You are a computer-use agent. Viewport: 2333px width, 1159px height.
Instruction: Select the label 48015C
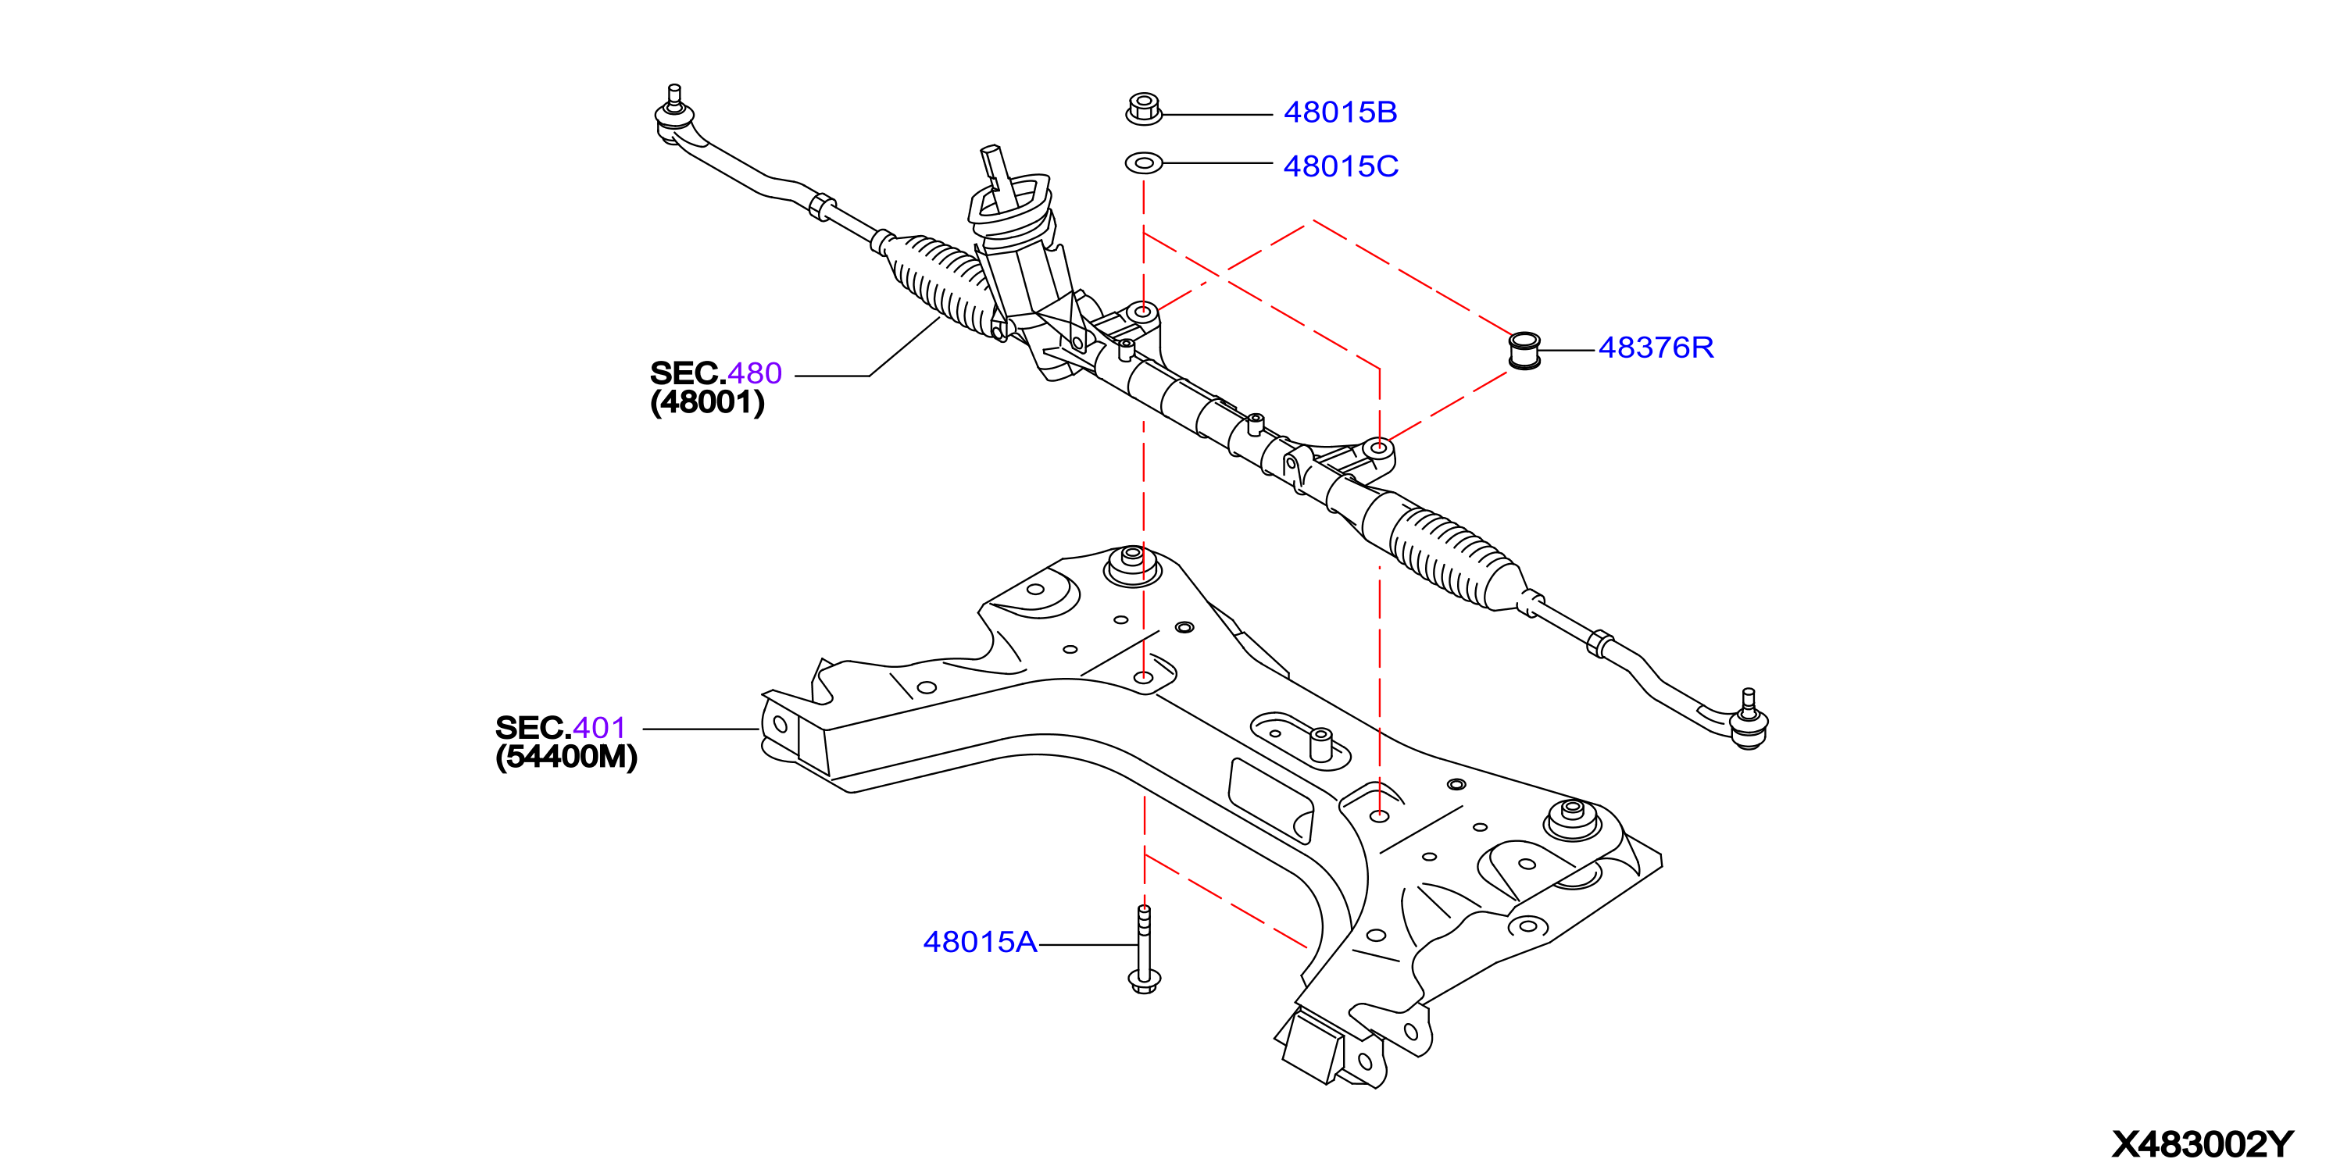click(x=1341, y=166)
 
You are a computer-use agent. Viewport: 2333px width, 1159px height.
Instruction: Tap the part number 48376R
click(x=1656, y=348)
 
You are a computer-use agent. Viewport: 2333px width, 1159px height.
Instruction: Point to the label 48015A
click(x=980, y=943)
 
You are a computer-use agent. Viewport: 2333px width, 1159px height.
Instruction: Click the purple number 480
click(x=755, y=373)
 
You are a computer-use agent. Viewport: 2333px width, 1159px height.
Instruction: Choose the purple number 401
click(x=599, y=728)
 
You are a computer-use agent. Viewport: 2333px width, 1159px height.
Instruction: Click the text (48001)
click(x=707, y=402)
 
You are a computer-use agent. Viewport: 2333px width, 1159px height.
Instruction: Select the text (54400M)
click(x=566, y=757)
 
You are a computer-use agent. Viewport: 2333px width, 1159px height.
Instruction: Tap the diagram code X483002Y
click(x=2203, y=1144)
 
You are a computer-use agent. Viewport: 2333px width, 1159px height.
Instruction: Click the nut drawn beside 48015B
click(x=1144, y=109)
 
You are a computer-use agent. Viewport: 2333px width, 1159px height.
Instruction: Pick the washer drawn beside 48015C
click(x=1144, y=163)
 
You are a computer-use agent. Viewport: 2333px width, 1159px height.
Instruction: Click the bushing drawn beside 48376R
click(x=1525, y=351)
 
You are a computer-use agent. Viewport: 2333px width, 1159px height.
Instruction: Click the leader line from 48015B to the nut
click(x=1218, y=115)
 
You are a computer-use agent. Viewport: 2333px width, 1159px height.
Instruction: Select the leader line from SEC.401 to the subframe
click(x=701, y=729)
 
